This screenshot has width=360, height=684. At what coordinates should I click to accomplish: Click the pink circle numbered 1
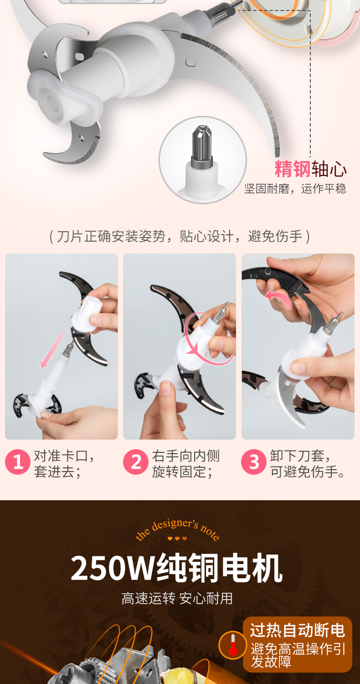18,461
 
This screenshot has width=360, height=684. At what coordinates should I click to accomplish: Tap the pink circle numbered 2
136,461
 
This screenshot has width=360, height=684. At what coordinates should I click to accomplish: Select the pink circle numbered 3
254,461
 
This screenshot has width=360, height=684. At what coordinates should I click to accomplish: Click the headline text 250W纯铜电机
176,568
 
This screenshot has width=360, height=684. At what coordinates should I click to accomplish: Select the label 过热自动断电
298,631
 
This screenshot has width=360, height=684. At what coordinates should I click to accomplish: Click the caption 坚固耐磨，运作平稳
295,188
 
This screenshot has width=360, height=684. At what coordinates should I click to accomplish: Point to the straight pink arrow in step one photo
53,349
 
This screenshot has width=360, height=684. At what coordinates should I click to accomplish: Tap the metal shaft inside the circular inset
201,146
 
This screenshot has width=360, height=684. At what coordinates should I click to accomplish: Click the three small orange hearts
177,539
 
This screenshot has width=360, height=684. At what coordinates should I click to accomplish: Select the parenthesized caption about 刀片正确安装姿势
180,236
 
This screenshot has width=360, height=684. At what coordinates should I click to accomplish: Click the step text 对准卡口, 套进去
64,464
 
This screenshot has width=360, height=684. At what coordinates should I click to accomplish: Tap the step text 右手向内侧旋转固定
185,464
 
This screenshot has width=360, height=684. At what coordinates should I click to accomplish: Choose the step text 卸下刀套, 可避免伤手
308,464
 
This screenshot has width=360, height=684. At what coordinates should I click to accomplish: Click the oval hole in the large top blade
190,62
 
